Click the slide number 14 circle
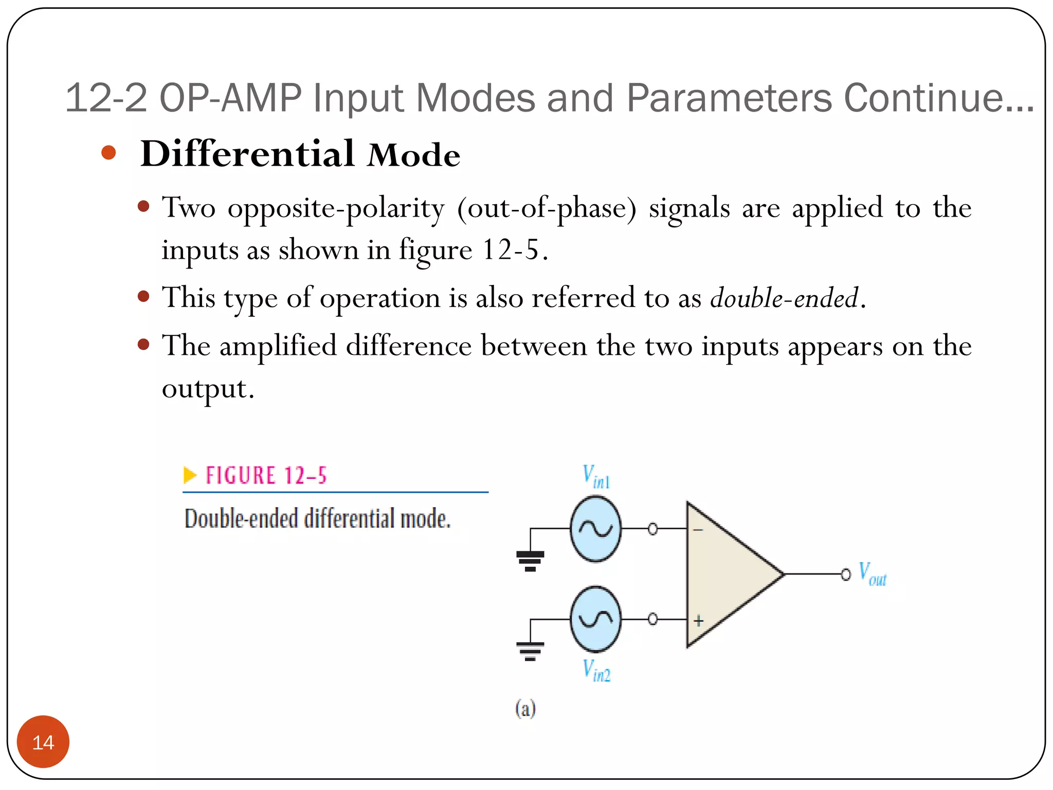43,742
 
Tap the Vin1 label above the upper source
596,476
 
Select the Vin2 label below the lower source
596,670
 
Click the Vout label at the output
873,574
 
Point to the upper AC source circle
596,528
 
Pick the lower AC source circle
596,619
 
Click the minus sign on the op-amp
698,529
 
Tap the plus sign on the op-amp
698,621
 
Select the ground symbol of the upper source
530,561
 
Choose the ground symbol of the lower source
530,651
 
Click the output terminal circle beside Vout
846,574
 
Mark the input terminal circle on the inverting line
652,529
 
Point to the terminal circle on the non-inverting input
652,619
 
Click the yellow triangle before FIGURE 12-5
190,475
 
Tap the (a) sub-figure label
525,709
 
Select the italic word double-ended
784,298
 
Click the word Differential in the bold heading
247,154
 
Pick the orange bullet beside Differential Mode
108,153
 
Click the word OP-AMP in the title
230,98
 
